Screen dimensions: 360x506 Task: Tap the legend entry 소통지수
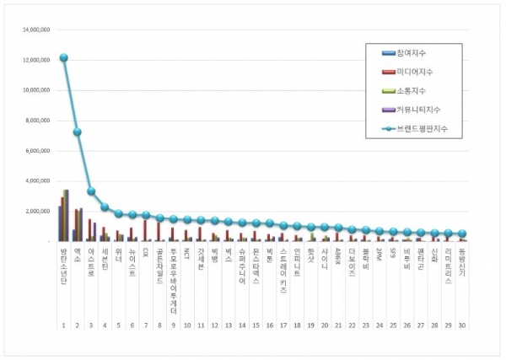tap(415, 91)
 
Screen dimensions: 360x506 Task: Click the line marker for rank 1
tap(63, 58)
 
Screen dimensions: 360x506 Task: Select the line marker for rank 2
tap(77, 132)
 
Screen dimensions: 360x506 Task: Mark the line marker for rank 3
tap(90, 191)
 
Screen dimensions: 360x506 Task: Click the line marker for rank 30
tap(462, 234)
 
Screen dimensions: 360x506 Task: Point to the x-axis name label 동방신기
tap(462, 262)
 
